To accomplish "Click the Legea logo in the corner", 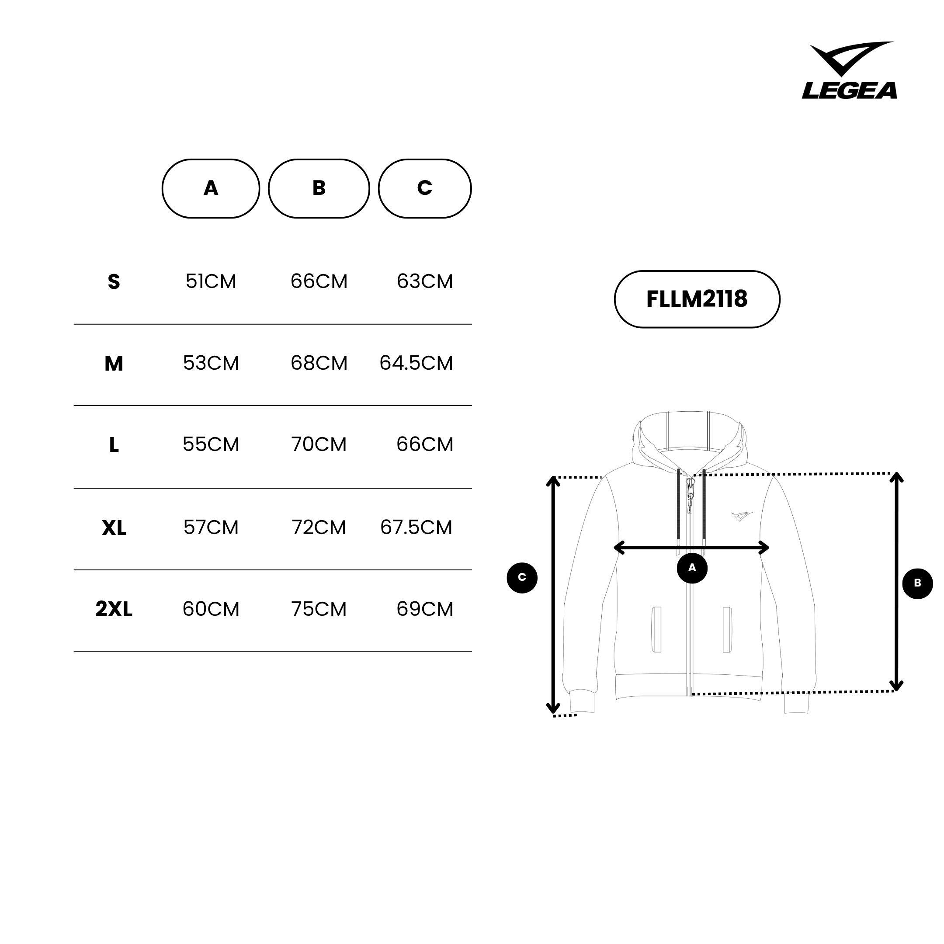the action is click(x=849, y=70).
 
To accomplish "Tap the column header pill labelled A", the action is click(x=211, y=189).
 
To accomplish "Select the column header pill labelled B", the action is click(x=319, y=189).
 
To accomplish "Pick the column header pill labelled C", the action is click(x=425, y=189).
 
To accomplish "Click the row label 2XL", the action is click(x=114, y=609).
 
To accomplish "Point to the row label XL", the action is click(x=114, y=528).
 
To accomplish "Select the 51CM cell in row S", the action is click(x=211, y=281).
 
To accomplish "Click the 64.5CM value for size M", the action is click(x=416, y=363).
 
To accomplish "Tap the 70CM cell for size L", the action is click(x=319, y=444).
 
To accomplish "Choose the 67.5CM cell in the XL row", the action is click(x=416, y=527).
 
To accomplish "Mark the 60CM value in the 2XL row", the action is click(x=211, y=609).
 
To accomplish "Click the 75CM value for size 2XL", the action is click(x=319, y=609).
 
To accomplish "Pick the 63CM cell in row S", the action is click(x=425, y=281).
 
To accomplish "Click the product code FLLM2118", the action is click(x=697, y=299).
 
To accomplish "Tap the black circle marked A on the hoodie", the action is click(x=692, y=568).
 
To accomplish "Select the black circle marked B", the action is click(x=917, y=583).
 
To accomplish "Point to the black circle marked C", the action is click(x=522, y=577).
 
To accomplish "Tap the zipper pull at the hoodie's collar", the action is click(x=690, y=496).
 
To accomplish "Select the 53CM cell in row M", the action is click(x=211, y=363).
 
